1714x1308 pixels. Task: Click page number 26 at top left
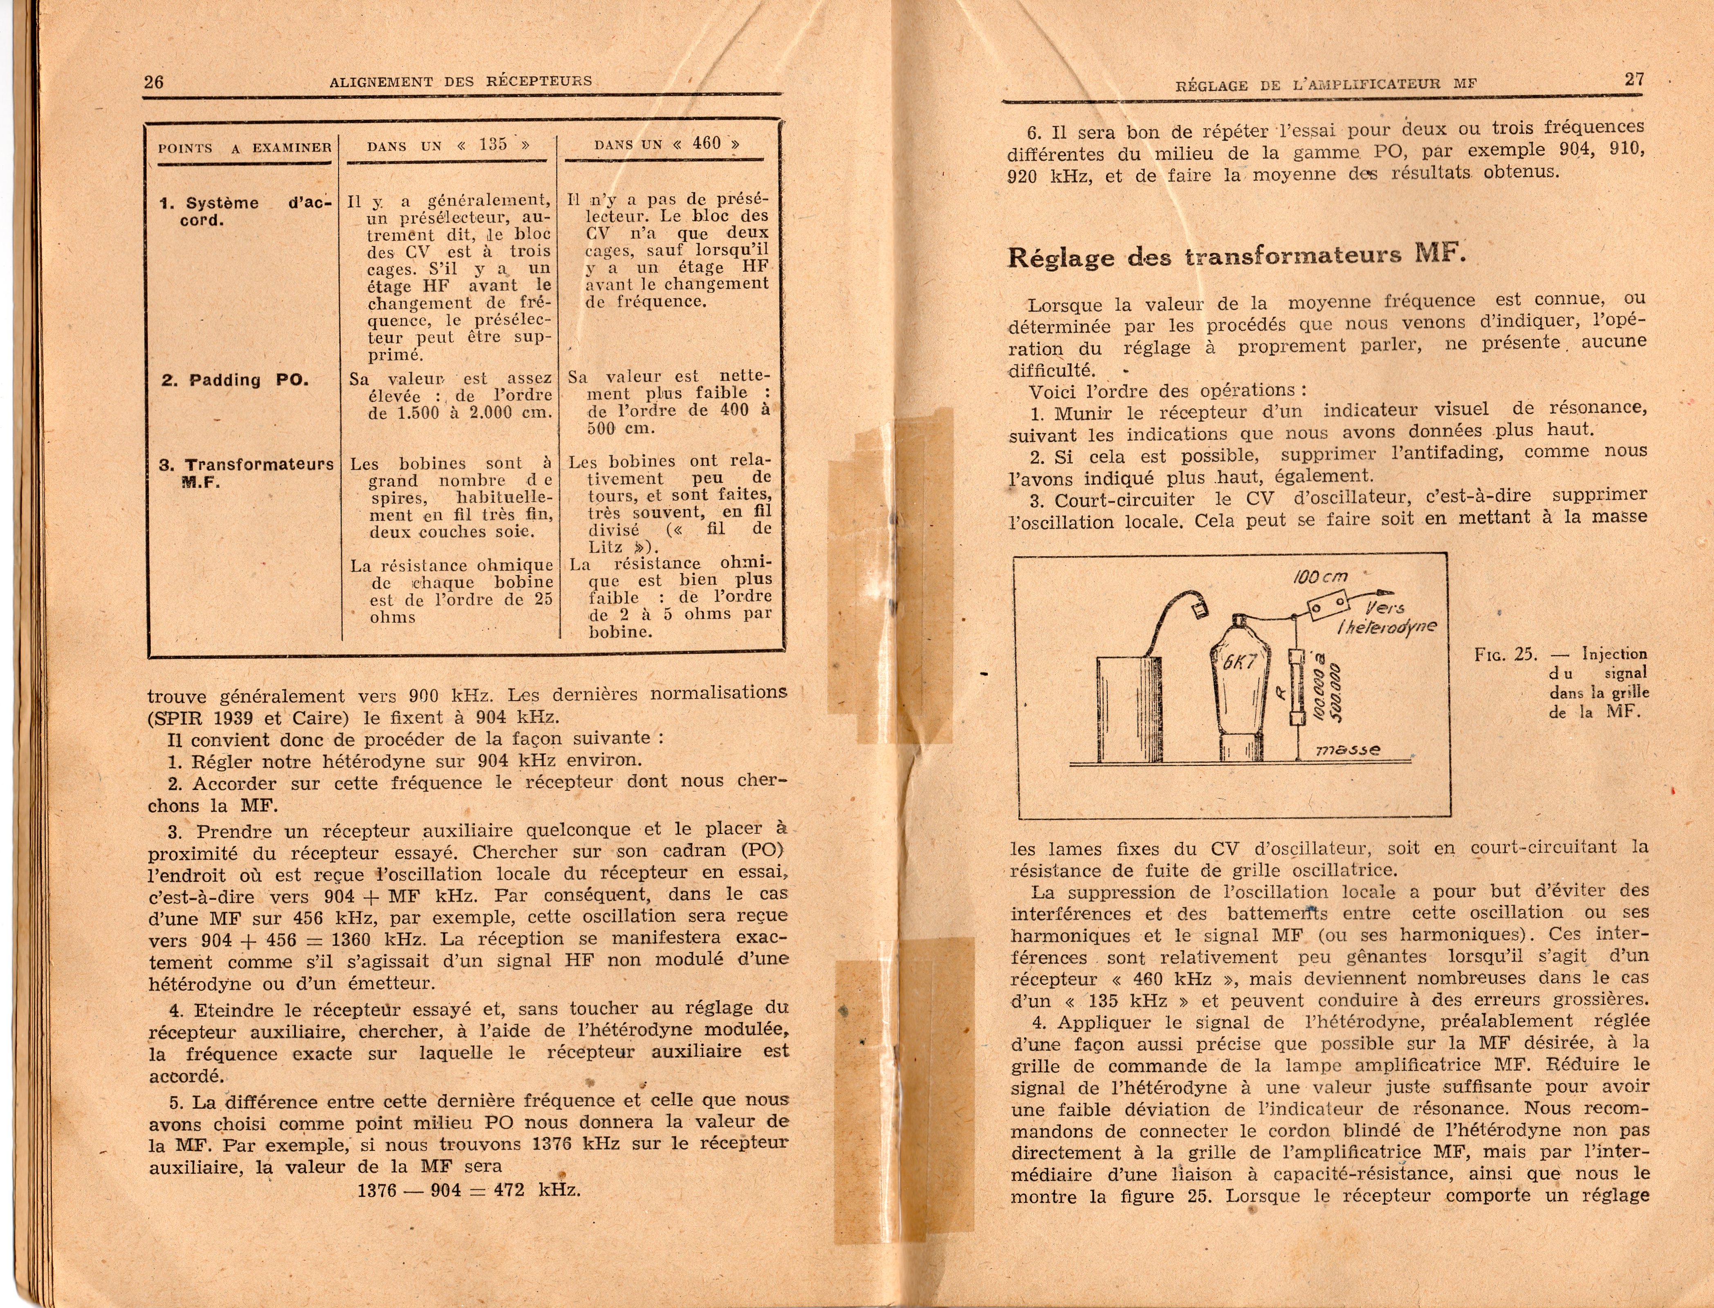point(153,82)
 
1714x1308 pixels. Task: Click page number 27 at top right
point(1634,79)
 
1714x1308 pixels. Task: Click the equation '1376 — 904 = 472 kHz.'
point(469,1189)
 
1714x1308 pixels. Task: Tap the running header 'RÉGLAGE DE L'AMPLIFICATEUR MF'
point(1326,84)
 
